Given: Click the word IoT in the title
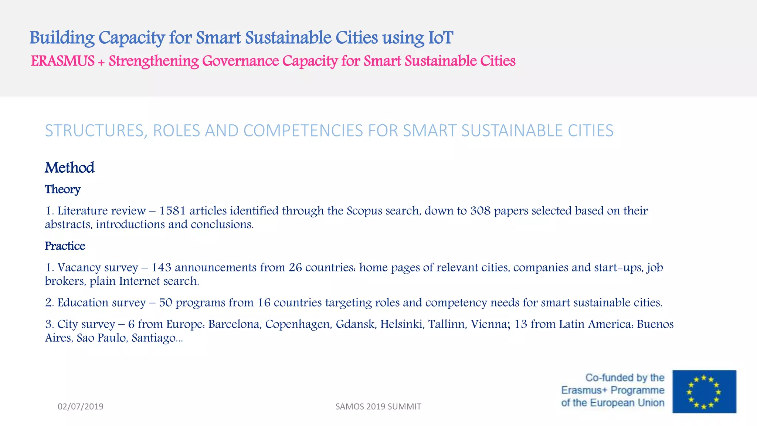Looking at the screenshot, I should tap(440, 38).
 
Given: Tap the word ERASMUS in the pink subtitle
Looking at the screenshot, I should tap(62, 61).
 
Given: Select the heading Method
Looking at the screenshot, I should tap(69, 168).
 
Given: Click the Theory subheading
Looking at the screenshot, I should tap(62, 189).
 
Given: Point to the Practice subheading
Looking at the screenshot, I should tap(65, 246).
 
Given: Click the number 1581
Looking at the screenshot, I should tap(172, 211).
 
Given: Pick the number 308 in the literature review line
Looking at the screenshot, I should tap(481, 211).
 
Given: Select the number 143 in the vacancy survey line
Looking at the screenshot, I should tap(161, 267).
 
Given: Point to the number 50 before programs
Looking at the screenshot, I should tap(166, 302).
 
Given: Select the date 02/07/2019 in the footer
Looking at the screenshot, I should tap(81, 407).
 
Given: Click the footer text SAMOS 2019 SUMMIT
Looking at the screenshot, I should tap(378, 407).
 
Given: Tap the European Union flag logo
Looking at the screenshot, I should tap(704, 391).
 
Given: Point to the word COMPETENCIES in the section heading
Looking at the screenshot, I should tap(303, 131).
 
